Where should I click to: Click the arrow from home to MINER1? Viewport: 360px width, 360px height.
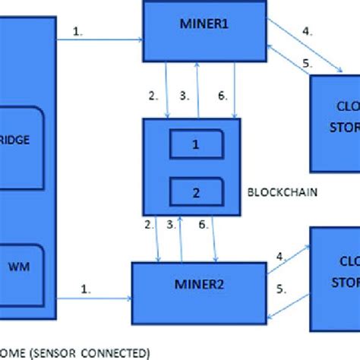click(99, 38)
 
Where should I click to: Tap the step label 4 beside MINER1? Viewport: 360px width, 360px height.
click(307, 32)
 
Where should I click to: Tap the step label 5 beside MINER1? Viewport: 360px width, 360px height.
click(307, 63)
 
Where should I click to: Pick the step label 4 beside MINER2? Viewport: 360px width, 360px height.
click(281, 257)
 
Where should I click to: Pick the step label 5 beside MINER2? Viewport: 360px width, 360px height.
click(281, 288)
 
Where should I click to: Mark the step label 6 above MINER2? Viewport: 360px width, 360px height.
click(204, 226)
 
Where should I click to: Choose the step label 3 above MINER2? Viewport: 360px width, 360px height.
click(171, 226)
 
